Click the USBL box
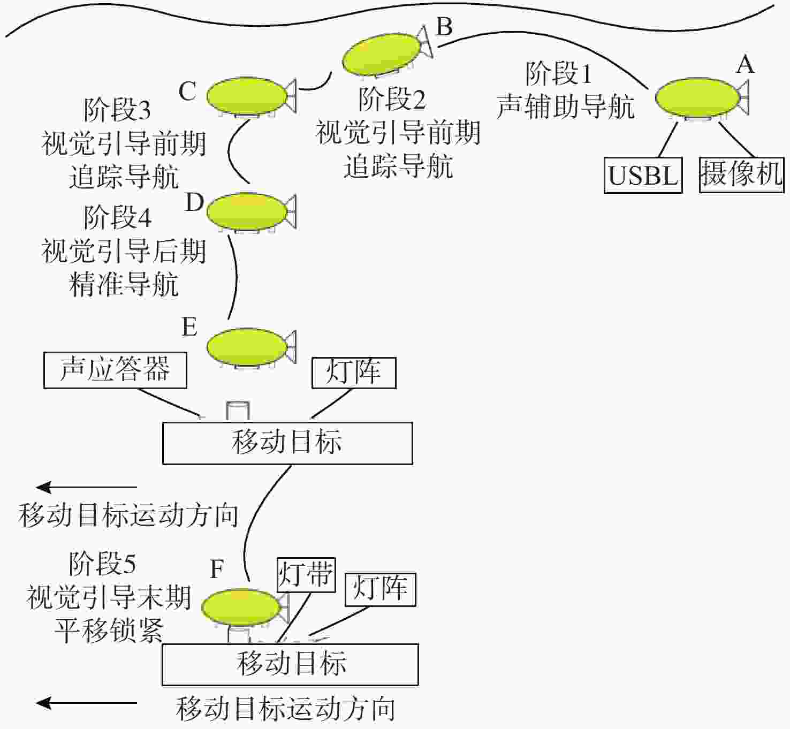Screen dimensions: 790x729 (x=643, y=175)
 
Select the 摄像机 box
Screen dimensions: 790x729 (x=741, y=175)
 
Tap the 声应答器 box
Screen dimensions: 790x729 (x=115, y=370)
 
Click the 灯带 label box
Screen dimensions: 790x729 (x=306, y=575)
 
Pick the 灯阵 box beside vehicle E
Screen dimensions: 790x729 (x=354, y=373)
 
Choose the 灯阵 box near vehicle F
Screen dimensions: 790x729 (x=381, y=590)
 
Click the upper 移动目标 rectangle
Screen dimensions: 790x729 (x=287, y=443)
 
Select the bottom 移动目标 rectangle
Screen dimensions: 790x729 (x=291, y=665)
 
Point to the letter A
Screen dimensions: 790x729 (x=745, y=64)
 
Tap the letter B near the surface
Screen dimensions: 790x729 (x=444, y=27)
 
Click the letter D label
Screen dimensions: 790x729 (x=194, y=202)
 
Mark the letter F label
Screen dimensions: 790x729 (x=217, y=569)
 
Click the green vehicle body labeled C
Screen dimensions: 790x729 (x=247, y=96)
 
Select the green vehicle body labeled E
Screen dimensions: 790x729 (x=247, y=347)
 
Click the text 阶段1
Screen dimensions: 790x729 (x=558, y=74)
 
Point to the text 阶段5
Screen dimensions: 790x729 (x=102, y=564)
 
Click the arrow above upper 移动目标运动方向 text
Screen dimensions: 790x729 (x=86, y=487)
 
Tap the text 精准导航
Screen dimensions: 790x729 (x=124, y=285)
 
